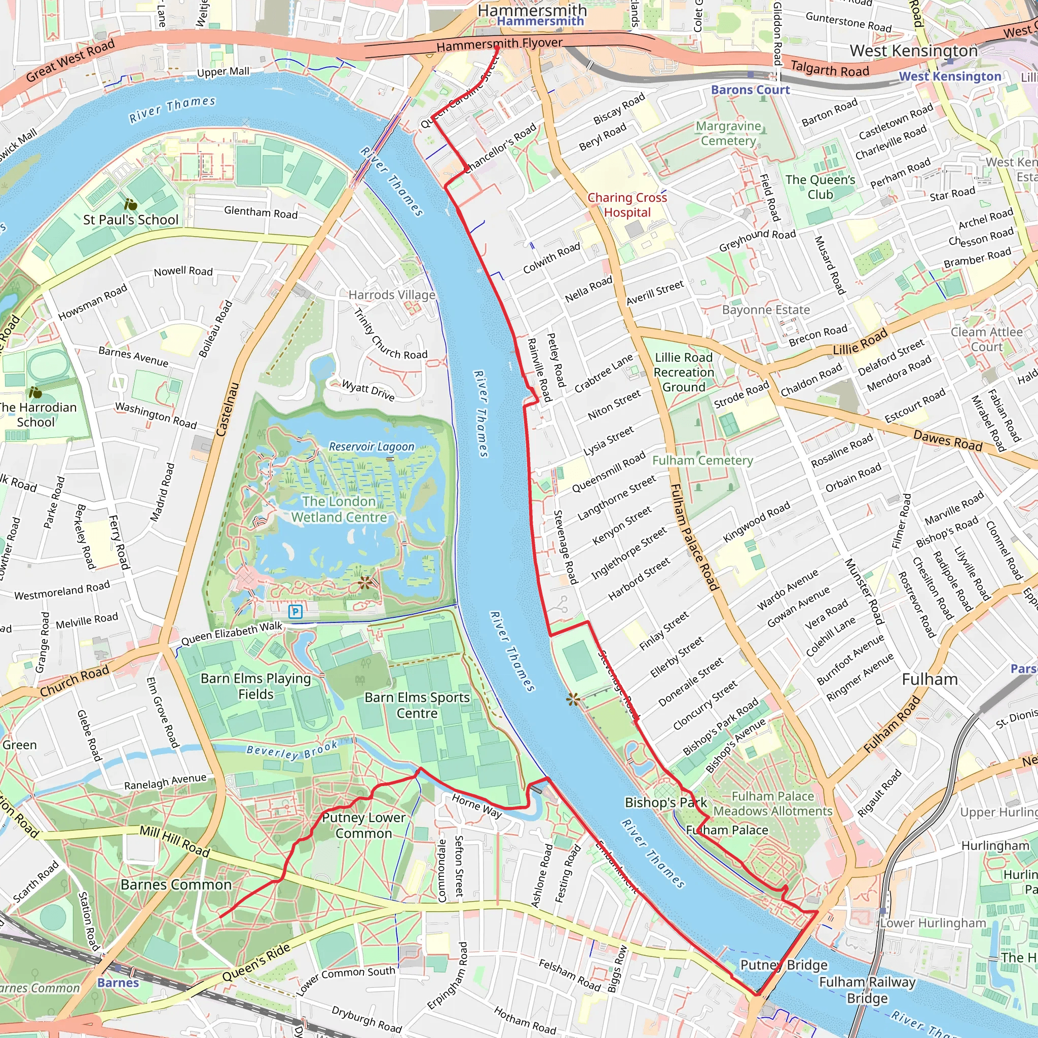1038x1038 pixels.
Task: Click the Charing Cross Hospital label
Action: point(627,205)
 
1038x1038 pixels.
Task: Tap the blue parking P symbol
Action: point(295,611)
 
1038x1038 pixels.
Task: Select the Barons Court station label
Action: point(750,90)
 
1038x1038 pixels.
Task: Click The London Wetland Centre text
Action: point(339,509)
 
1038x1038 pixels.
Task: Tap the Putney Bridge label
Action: point(784,965)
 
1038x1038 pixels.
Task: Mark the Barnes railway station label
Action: point(118,983)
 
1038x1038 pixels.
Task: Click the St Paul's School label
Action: point(131,220)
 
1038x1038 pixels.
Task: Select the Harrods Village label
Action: point(392,295)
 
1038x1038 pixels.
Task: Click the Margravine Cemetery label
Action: point(728,133)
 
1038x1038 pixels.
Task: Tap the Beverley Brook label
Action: point(292,750)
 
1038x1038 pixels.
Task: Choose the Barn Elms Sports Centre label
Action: point(417,706)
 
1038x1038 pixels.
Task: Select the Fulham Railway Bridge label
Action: point(867,990)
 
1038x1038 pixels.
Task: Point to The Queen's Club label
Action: point(820,187)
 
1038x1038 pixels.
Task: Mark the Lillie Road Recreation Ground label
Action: point(683,373)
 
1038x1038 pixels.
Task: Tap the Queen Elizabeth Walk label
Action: point(232,634)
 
